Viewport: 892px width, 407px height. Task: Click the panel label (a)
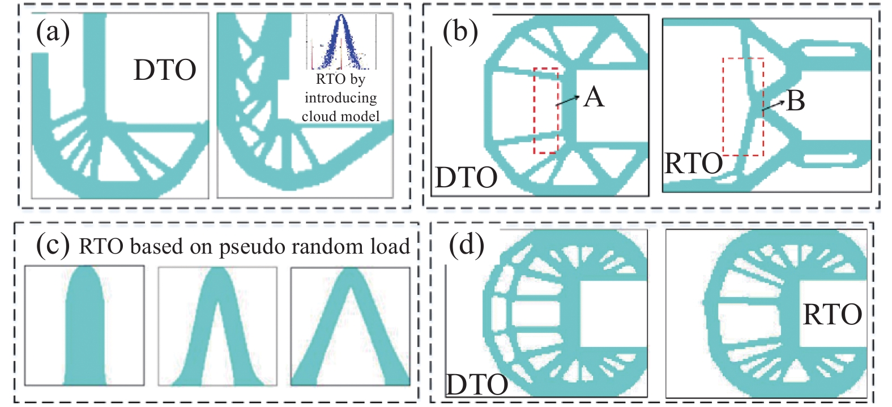pyautogui.click(x=53, y=31)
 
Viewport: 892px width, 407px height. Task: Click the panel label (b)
pyautogui.click(x=460, y=32)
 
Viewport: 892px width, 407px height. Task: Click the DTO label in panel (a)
pyautogui.click(x=165, y=70)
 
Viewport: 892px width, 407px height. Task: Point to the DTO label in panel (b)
pyautogui.click(x=466, y=178)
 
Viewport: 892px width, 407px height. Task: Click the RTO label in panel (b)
pyautogui.click(x=693, y=164)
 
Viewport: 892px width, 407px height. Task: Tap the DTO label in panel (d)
pyautogui.click(x=477, y=385)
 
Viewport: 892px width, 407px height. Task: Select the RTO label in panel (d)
pyautogui.click(x=832, y=315)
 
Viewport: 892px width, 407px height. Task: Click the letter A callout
pyautogui.click(x=594, y=97)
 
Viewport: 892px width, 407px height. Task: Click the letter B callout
pyautogui.click(x=796, y=101)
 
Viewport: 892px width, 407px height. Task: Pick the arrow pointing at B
pyautogui.click(x=774, y=105)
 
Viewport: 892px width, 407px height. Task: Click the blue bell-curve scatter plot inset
pyautogui.click(x=341, y=42)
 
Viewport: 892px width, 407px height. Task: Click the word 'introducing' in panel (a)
pyautogui.click(x=340, y=97)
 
